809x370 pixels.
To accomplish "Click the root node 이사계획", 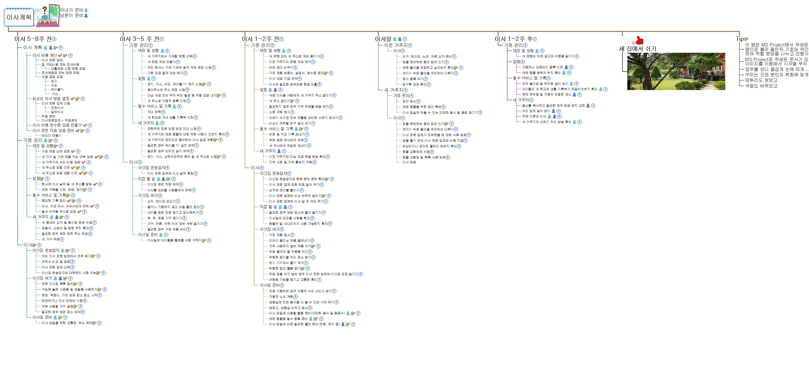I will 19,17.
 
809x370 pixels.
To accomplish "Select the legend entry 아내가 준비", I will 71,10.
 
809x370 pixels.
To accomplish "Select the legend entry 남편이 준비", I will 71,15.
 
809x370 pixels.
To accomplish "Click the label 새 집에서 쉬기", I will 637,49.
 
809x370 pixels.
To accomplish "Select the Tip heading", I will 740,39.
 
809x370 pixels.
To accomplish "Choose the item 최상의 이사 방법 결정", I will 51,99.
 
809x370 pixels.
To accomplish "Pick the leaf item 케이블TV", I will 57,89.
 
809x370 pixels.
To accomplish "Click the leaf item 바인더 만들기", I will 52,135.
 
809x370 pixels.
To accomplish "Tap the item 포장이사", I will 57,108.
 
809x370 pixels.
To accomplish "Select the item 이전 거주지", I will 395,45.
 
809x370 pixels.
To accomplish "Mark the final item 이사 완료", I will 409,162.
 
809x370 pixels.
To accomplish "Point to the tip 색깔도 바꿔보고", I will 761,86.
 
